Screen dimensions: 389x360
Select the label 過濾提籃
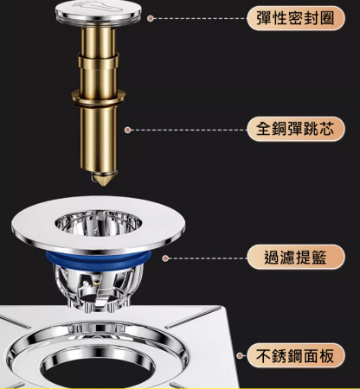coord(289,257)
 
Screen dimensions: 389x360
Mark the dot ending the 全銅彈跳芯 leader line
coord(128,130)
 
